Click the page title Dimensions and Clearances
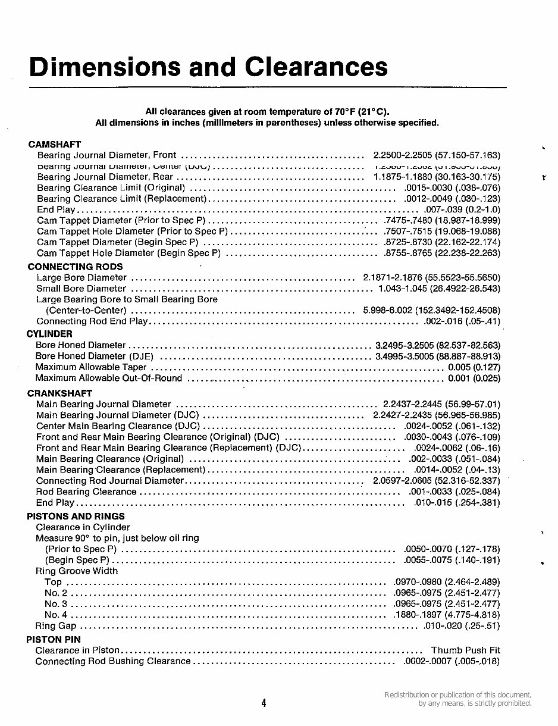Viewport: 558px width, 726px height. tap(208, 67)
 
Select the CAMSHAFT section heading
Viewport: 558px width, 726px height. tap(54, 145)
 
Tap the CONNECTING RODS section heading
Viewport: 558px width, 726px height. tap(75, 267)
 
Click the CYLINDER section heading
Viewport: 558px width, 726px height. tap(49, 334)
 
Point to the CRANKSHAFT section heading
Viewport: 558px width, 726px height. tap(59, 393)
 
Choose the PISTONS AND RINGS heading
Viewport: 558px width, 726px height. tap(76, 516)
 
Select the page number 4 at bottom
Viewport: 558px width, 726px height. tap(264, 703)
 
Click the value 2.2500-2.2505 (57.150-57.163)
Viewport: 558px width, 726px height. tap(437, 155)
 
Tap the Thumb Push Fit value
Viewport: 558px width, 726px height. tap(466, 650)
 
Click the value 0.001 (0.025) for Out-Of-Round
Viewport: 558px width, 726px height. tap(474, 378)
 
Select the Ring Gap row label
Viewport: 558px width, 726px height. tap(56, 626)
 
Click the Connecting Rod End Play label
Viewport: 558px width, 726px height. tap(92, 321)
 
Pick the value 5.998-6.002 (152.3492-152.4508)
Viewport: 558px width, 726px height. tap(431, 311)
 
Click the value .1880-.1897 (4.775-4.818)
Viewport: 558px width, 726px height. tap(447, 615)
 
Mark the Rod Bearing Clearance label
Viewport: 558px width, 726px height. tap(86, 492)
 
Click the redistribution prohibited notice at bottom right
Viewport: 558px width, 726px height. tap(457, 699)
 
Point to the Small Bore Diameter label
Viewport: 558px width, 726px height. tap(81, 289)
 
